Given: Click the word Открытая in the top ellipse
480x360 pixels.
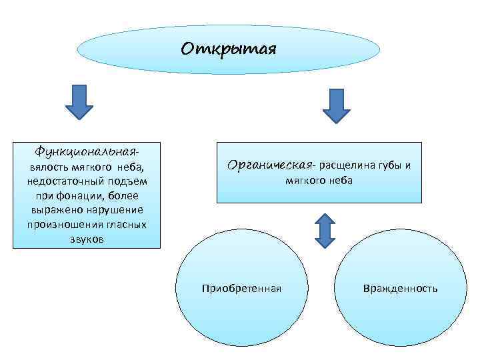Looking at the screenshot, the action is tap(227, 50).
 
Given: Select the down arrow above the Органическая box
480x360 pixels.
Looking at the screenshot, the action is tap(336, 105).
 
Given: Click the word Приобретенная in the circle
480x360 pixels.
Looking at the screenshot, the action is tap(241, 288).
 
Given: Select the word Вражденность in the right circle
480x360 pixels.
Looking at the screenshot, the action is tap(400, 288).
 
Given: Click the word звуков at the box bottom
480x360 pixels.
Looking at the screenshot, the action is tap(87, 239).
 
